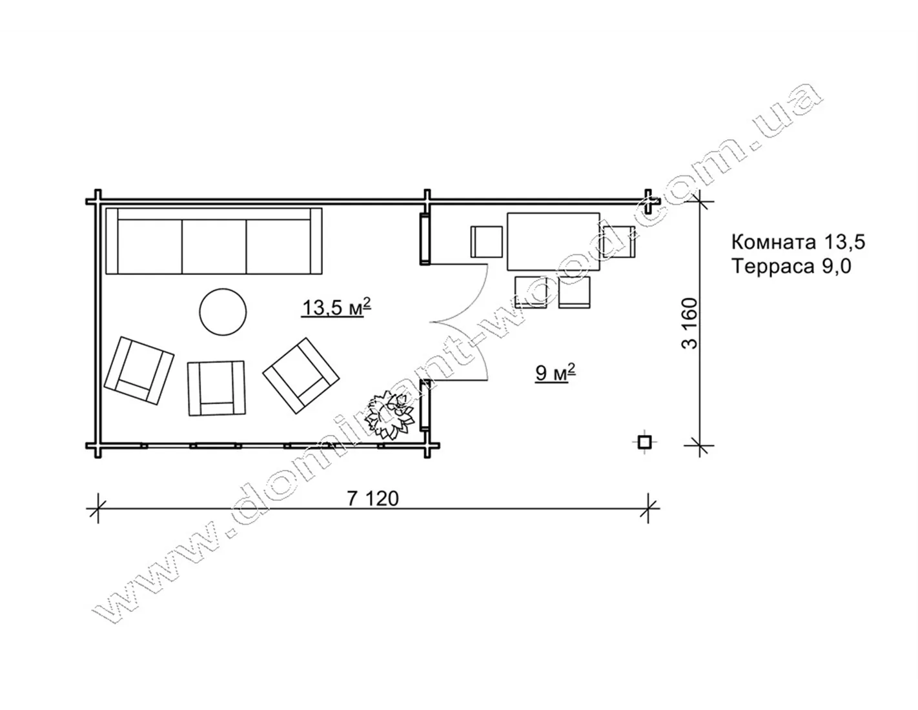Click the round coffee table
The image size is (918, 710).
click(x=223, y=312)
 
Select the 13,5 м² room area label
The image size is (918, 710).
click(x=336, y=307)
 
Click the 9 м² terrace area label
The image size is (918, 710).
click(x=555, y=372)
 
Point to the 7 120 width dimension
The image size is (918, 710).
click(x=373, y=499)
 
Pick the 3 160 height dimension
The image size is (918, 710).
click(x=689, y=323)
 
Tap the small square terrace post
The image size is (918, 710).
click(x=644, y=442)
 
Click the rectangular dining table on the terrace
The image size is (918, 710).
click(x=553, y=241)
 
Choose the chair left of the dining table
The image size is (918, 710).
click(x=487, y=241)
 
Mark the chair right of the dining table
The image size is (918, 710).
click(x=619, y=241)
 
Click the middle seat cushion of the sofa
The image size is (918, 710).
click(x=214, y=246)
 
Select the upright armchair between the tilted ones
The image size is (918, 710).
click(x=216, y=388)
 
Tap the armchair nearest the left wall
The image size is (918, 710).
click(x=139, y=370)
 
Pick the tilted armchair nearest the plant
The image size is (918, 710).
click(x=301, y=376)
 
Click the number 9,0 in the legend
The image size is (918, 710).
click(x=837, y=267)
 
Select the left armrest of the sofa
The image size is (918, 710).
click(x=112, y=241)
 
